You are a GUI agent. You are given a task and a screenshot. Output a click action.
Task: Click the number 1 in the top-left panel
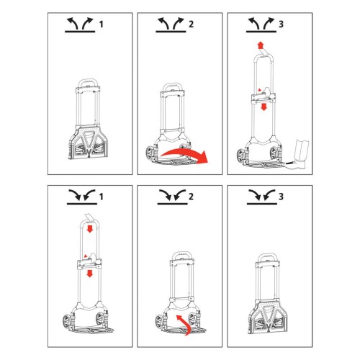pyautogui.click(x=102, y=24)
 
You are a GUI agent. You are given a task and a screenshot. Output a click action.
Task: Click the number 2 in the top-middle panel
pyautogui.click(x=191, y=24)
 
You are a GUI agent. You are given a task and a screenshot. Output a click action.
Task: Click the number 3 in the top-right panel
pyautogui.click(x=281, y=24)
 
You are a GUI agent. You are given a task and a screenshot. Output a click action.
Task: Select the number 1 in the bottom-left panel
pyautogui.click(x=102, y=197)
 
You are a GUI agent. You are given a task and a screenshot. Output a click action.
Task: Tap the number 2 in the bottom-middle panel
pyautogui.click(x=191, y=197)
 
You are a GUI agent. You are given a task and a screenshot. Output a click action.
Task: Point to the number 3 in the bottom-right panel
pyautogui.click(x=281, y=197)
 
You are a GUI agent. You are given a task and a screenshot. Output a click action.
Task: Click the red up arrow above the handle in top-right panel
pyautogui.click(x=260, y=45)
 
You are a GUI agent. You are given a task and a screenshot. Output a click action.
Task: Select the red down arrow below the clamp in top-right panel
pyautogui.click(x=264, y=107)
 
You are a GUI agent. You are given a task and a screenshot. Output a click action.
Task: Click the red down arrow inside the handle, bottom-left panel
pyautogui.click(x=90, y=229)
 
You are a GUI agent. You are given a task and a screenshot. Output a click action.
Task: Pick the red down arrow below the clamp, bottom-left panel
pyautogui.click(x=90, y=274)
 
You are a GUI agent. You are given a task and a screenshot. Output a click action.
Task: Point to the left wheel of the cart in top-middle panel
pyautogui.click(x=150, y=154)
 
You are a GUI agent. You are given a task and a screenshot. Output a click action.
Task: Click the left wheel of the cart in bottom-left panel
pyautogui.click(x=66, y=323)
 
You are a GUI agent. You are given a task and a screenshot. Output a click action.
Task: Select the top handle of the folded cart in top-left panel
pyautogui.click(x=88, y=81)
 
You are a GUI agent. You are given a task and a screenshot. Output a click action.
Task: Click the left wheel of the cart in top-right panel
pyautogui.click(x=240, y=156)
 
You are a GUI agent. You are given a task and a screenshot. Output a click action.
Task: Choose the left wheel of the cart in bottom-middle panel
pyautogui.click(x=160, y=322)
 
